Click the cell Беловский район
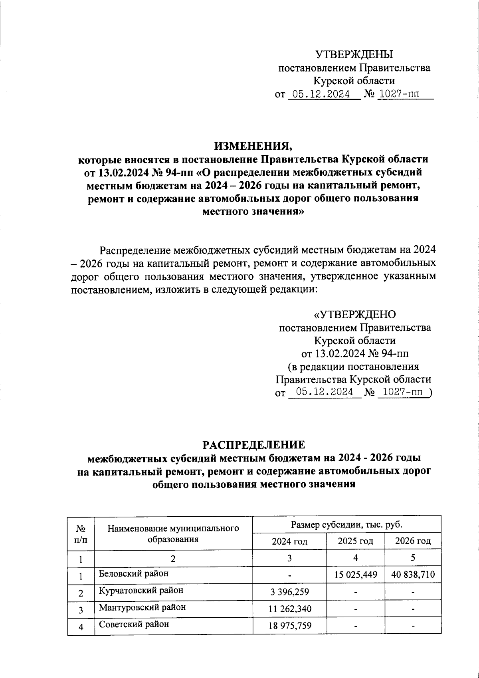[x=134, y=573]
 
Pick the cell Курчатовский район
[x=141, y=590]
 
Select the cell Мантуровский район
[x=142, y=607]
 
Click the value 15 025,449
[x=355, y=575]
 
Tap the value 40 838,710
[x=413, y=575]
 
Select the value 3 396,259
[x=289, y=592]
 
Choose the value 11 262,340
[x=289, y=609]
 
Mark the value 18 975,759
[x=289, y=626]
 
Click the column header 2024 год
[x=289, y=541]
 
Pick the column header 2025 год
[x=355, y=541]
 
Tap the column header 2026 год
[x=413, y=541]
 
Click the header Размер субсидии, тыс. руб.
[x=346, y=524]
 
